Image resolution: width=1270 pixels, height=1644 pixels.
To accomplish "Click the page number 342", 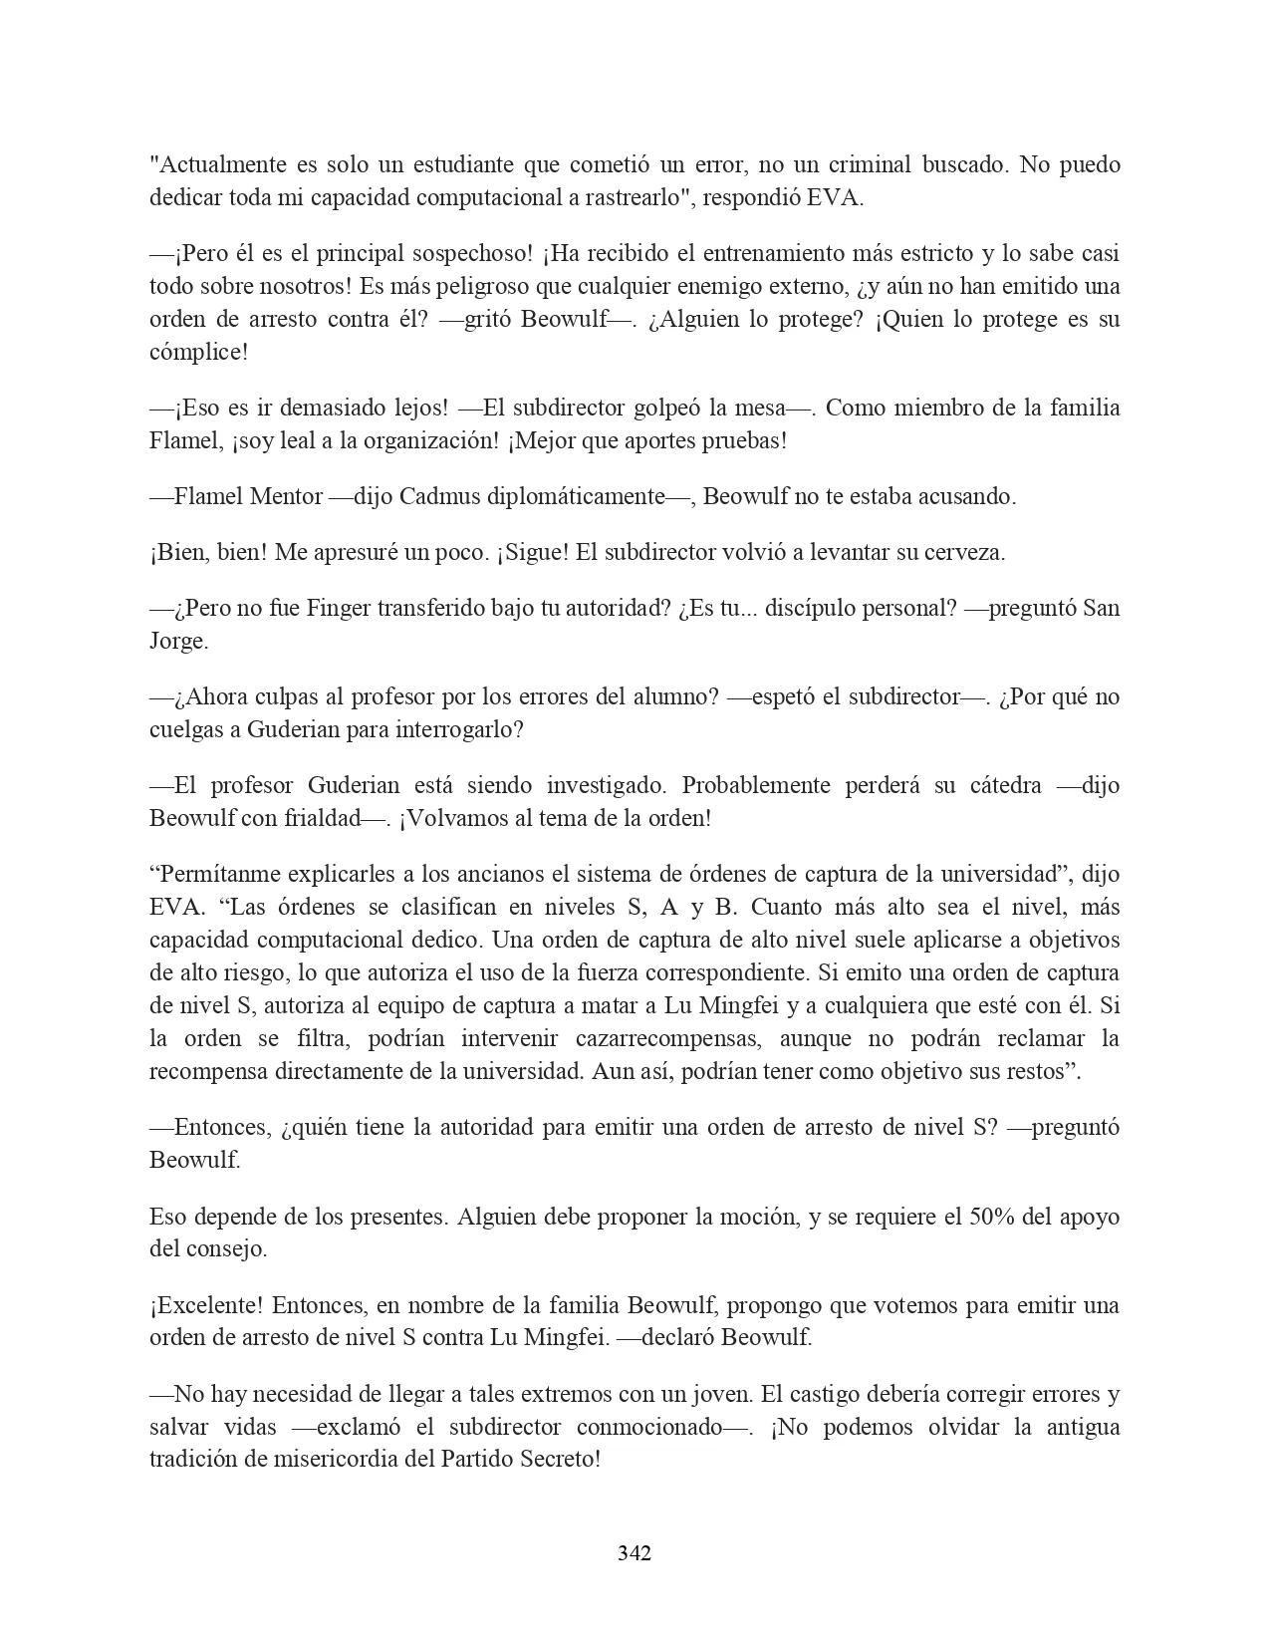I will tap(635, 1552).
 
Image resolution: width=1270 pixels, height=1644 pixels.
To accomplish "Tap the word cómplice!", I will tap(197, 353).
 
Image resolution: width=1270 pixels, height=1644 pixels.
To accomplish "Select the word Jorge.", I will tap(178, 642).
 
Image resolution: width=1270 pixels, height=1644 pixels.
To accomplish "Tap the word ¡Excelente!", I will tap(206, 1306).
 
